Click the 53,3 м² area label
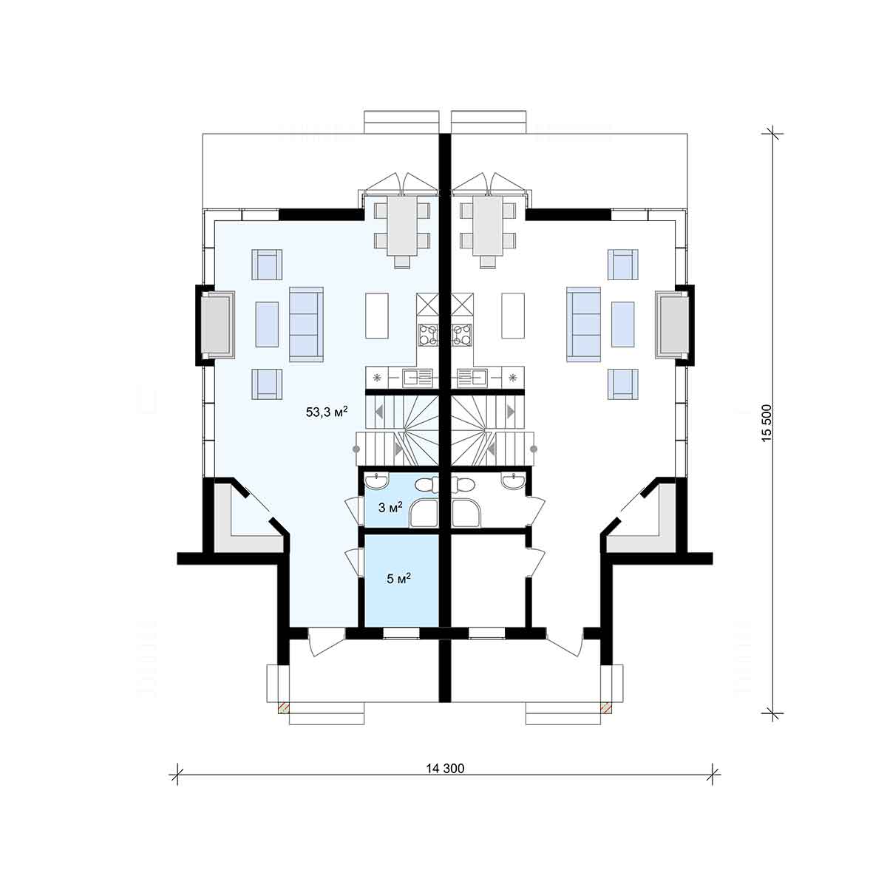(x=327, y=411)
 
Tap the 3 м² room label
(x=390, y=507)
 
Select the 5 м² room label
(x=398, y=578)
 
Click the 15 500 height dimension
(x=766, y=424)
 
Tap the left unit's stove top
(x=428, y=335)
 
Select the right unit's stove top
(x=462, y=335)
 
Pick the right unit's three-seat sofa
(x=584, y=324)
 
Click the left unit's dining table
(x=402, y=226)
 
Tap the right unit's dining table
(x=487, y=226)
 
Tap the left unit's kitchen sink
(x=417, y=378)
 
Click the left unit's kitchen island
(x=377, y=316)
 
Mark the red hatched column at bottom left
(x=284, y=708)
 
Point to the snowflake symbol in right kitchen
(x=513, y=378)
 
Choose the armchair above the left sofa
(x=267, y=265)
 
